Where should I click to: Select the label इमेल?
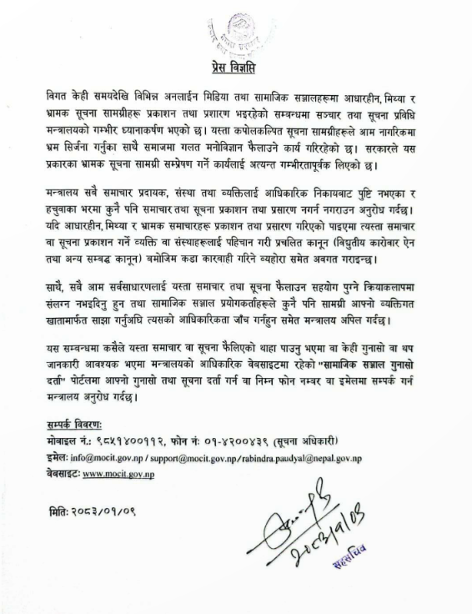[58, 458]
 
